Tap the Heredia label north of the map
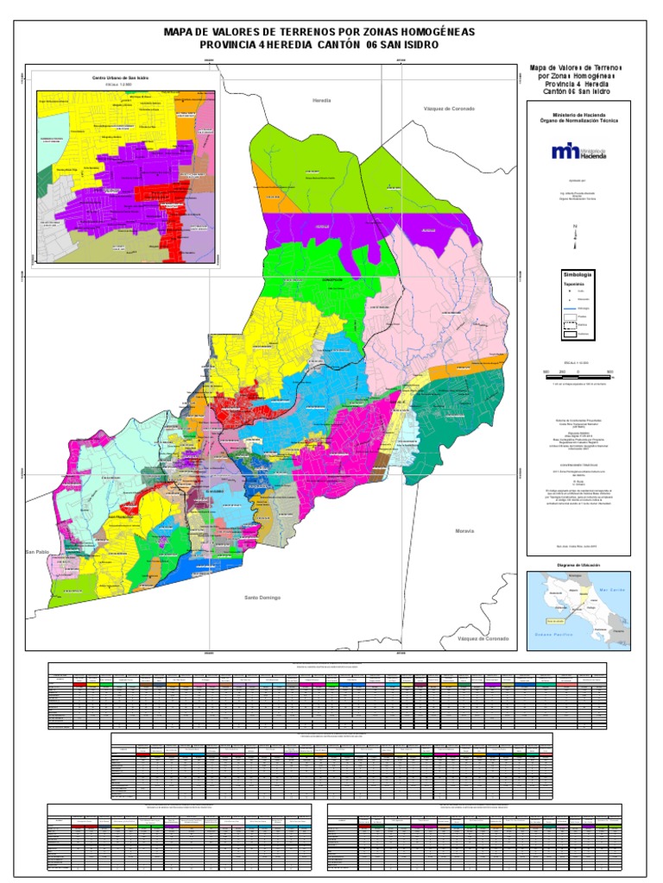(322, 101)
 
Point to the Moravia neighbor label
(464, 530)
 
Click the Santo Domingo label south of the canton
(262, 597)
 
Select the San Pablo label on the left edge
(37, 551)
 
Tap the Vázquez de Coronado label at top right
(449, 110)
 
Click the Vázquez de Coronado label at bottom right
(483, 639)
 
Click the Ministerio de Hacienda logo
(578, 153)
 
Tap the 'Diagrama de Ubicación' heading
(578, 565)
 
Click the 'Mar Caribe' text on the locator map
(611, 590)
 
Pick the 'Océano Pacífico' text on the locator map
(550, 635)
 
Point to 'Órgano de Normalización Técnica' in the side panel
(578, 121)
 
